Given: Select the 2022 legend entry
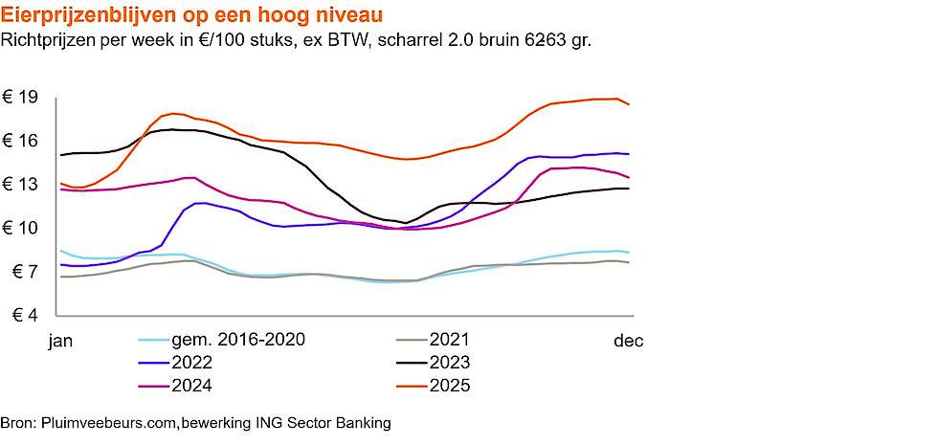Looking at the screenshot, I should pyautogui.click(x=191, y=363).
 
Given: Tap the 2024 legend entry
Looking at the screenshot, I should pyautogui.click(x=191, y=386).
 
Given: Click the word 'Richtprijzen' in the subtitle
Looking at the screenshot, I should pyautogui.click(x=47, y=40).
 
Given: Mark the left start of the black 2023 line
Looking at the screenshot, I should pyautogui.click(x=60, y=155).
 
